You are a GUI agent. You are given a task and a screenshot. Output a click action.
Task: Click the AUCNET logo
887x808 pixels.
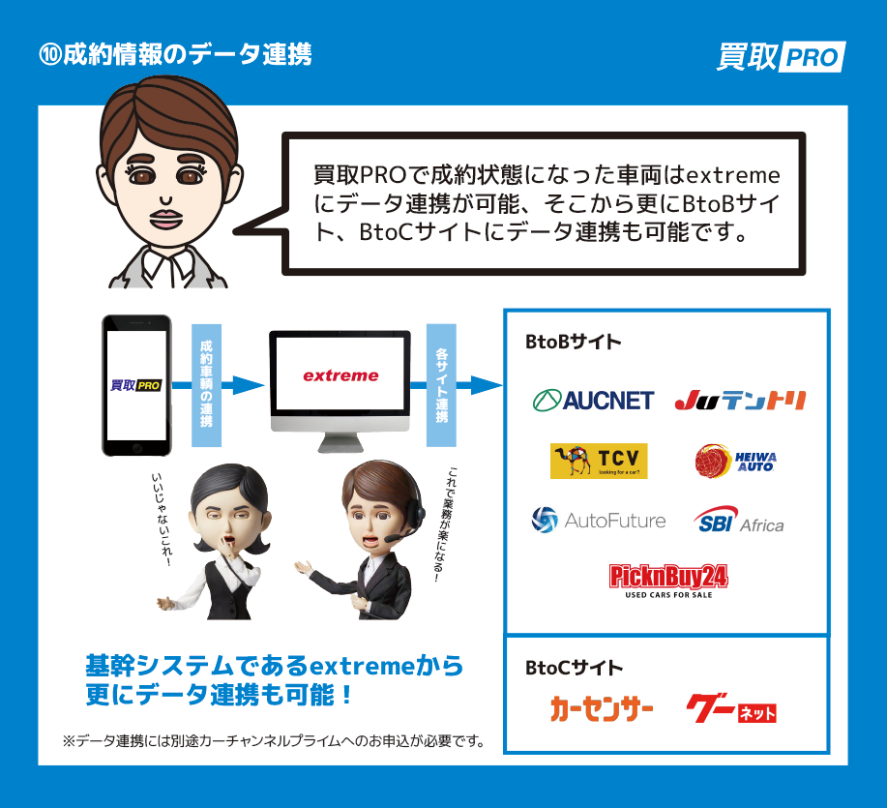pos(593,400)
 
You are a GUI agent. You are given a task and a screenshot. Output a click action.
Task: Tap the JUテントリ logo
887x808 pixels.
pos(740,400)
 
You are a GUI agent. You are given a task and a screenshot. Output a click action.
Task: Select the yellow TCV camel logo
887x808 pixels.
pos(598,461)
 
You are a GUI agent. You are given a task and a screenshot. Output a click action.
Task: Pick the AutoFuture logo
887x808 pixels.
pos(599,521)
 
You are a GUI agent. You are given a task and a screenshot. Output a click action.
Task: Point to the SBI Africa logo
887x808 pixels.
pos(738,521)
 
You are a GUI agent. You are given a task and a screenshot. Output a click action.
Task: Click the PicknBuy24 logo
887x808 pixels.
pos(668,581)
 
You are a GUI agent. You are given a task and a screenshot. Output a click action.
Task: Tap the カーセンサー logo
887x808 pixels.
pos(602,710)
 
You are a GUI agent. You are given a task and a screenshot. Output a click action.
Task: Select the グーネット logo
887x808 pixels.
pos(731,710)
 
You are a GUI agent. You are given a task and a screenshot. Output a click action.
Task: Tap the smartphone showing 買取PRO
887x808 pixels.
pos(136,384)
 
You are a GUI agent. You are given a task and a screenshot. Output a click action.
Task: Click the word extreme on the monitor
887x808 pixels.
pos(340,375)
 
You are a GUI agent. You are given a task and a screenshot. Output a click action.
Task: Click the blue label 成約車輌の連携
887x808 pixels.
pos(206,384)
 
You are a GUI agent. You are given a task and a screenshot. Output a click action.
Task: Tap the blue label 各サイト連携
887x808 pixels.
pos(441,384)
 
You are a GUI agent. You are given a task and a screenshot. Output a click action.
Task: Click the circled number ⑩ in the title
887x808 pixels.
pos(49,54)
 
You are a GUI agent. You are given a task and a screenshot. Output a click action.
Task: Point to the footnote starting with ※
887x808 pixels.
pos(273,741)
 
